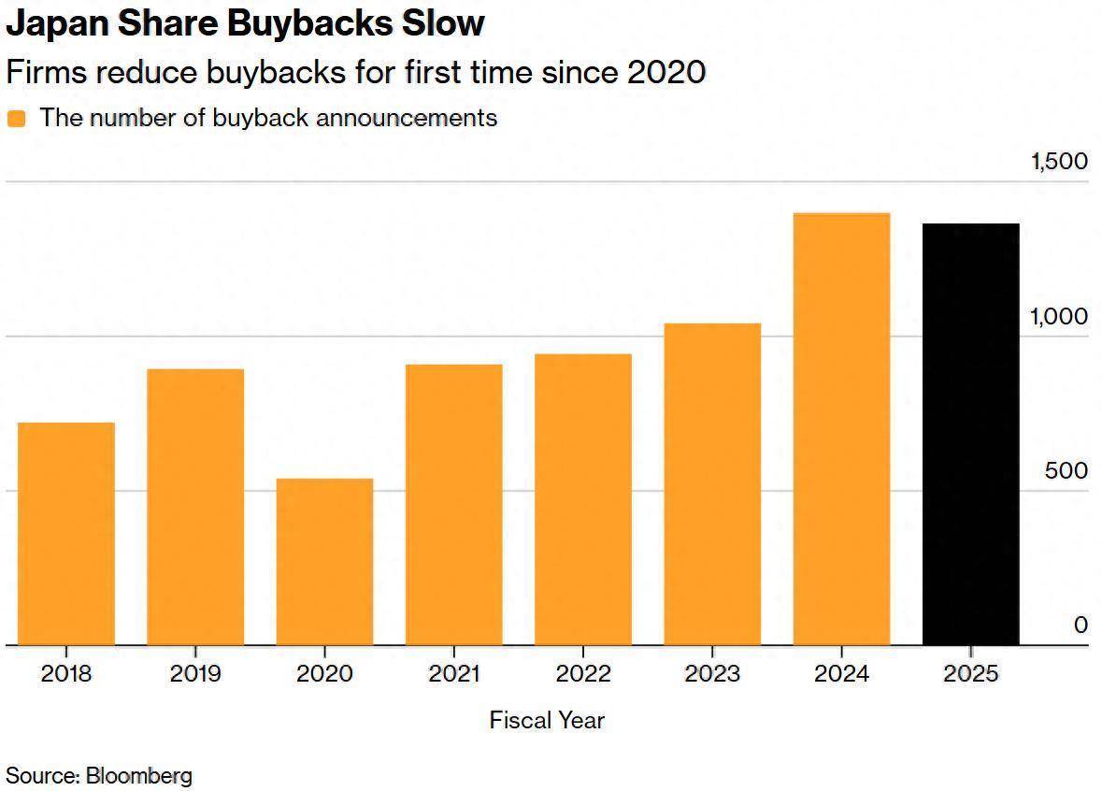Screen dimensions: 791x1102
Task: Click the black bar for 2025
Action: [970, 435]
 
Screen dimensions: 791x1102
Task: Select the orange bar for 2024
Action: [841, 429]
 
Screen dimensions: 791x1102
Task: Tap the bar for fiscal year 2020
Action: [324, 562]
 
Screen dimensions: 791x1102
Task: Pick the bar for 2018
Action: [66, 534]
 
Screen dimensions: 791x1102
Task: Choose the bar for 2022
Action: [583, 499]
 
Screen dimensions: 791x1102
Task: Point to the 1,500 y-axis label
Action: [1059, 161]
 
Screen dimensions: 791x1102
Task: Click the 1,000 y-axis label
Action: [1059, 316]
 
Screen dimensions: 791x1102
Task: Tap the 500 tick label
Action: [1066, 470]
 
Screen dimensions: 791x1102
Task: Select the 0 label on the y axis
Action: [1081, 625]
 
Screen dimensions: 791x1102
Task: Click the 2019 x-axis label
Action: [195, 673]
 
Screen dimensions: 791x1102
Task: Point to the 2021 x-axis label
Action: [453, 673]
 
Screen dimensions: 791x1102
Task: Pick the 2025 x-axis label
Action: [970, 673]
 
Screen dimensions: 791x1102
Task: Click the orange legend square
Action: [16, 119]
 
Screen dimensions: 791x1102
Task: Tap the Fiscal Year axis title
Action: [547, 720]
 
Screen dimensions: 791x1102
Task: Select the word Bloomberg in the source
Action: [139, 775]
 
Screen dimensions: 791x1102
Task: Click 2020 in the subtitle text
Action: [665, 71]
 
